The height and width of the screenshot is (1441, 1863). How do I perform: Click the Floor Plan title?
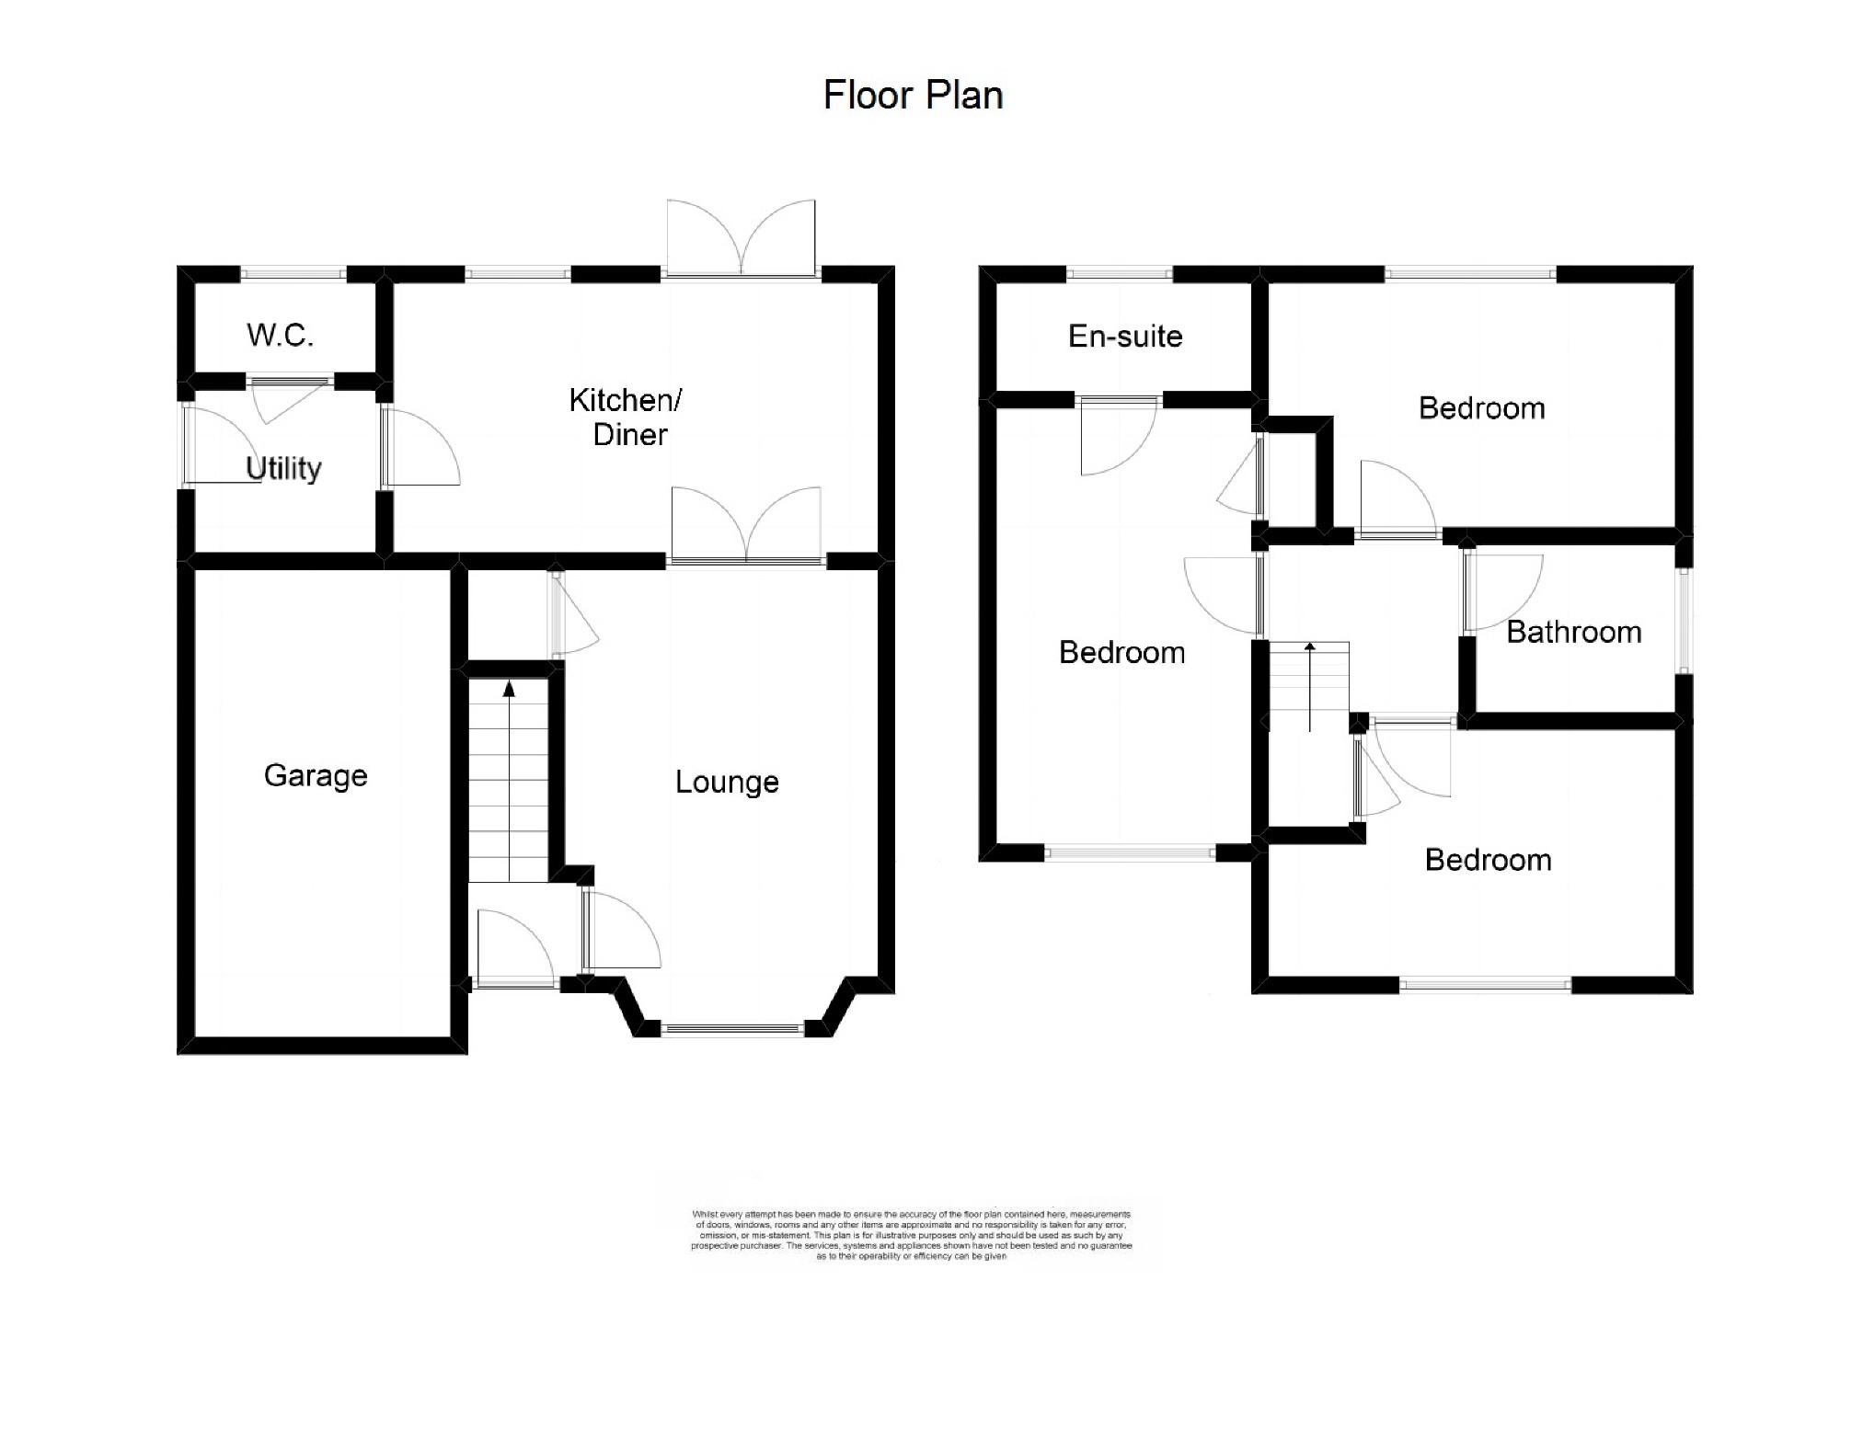pos(913,95)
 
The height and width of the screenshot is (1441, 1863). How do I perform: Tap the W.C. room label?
pos(280,335)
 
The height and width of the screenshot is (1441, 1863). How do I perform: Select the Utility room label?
pos(283,468)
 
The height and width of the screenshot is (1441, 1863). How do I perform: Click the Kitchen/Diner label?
pos(627,417)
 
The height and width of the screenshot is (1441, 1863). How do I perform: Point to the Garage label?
pos(316,775)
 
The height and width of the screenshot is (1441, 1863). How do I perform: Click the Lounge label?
pos(727,782)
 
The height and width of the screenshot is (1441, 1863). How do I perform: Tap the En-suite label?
pos(1125,337)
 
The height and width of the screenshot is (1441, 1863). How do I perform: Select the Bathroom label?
pos(1573,632)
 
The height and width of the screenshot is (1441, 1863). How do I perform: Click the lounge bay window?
pos(732,1030)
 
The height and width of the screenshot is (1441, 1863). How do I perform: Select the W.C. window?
pos(293,273)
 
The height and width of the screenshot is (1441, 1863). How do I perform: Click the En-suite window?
pos(1120,273)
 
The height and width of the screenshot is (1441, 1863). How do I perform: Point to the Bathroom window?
pos(1684,621)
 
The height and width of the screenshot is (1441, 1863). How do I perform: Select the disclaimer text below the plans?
pos(912,1235)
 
